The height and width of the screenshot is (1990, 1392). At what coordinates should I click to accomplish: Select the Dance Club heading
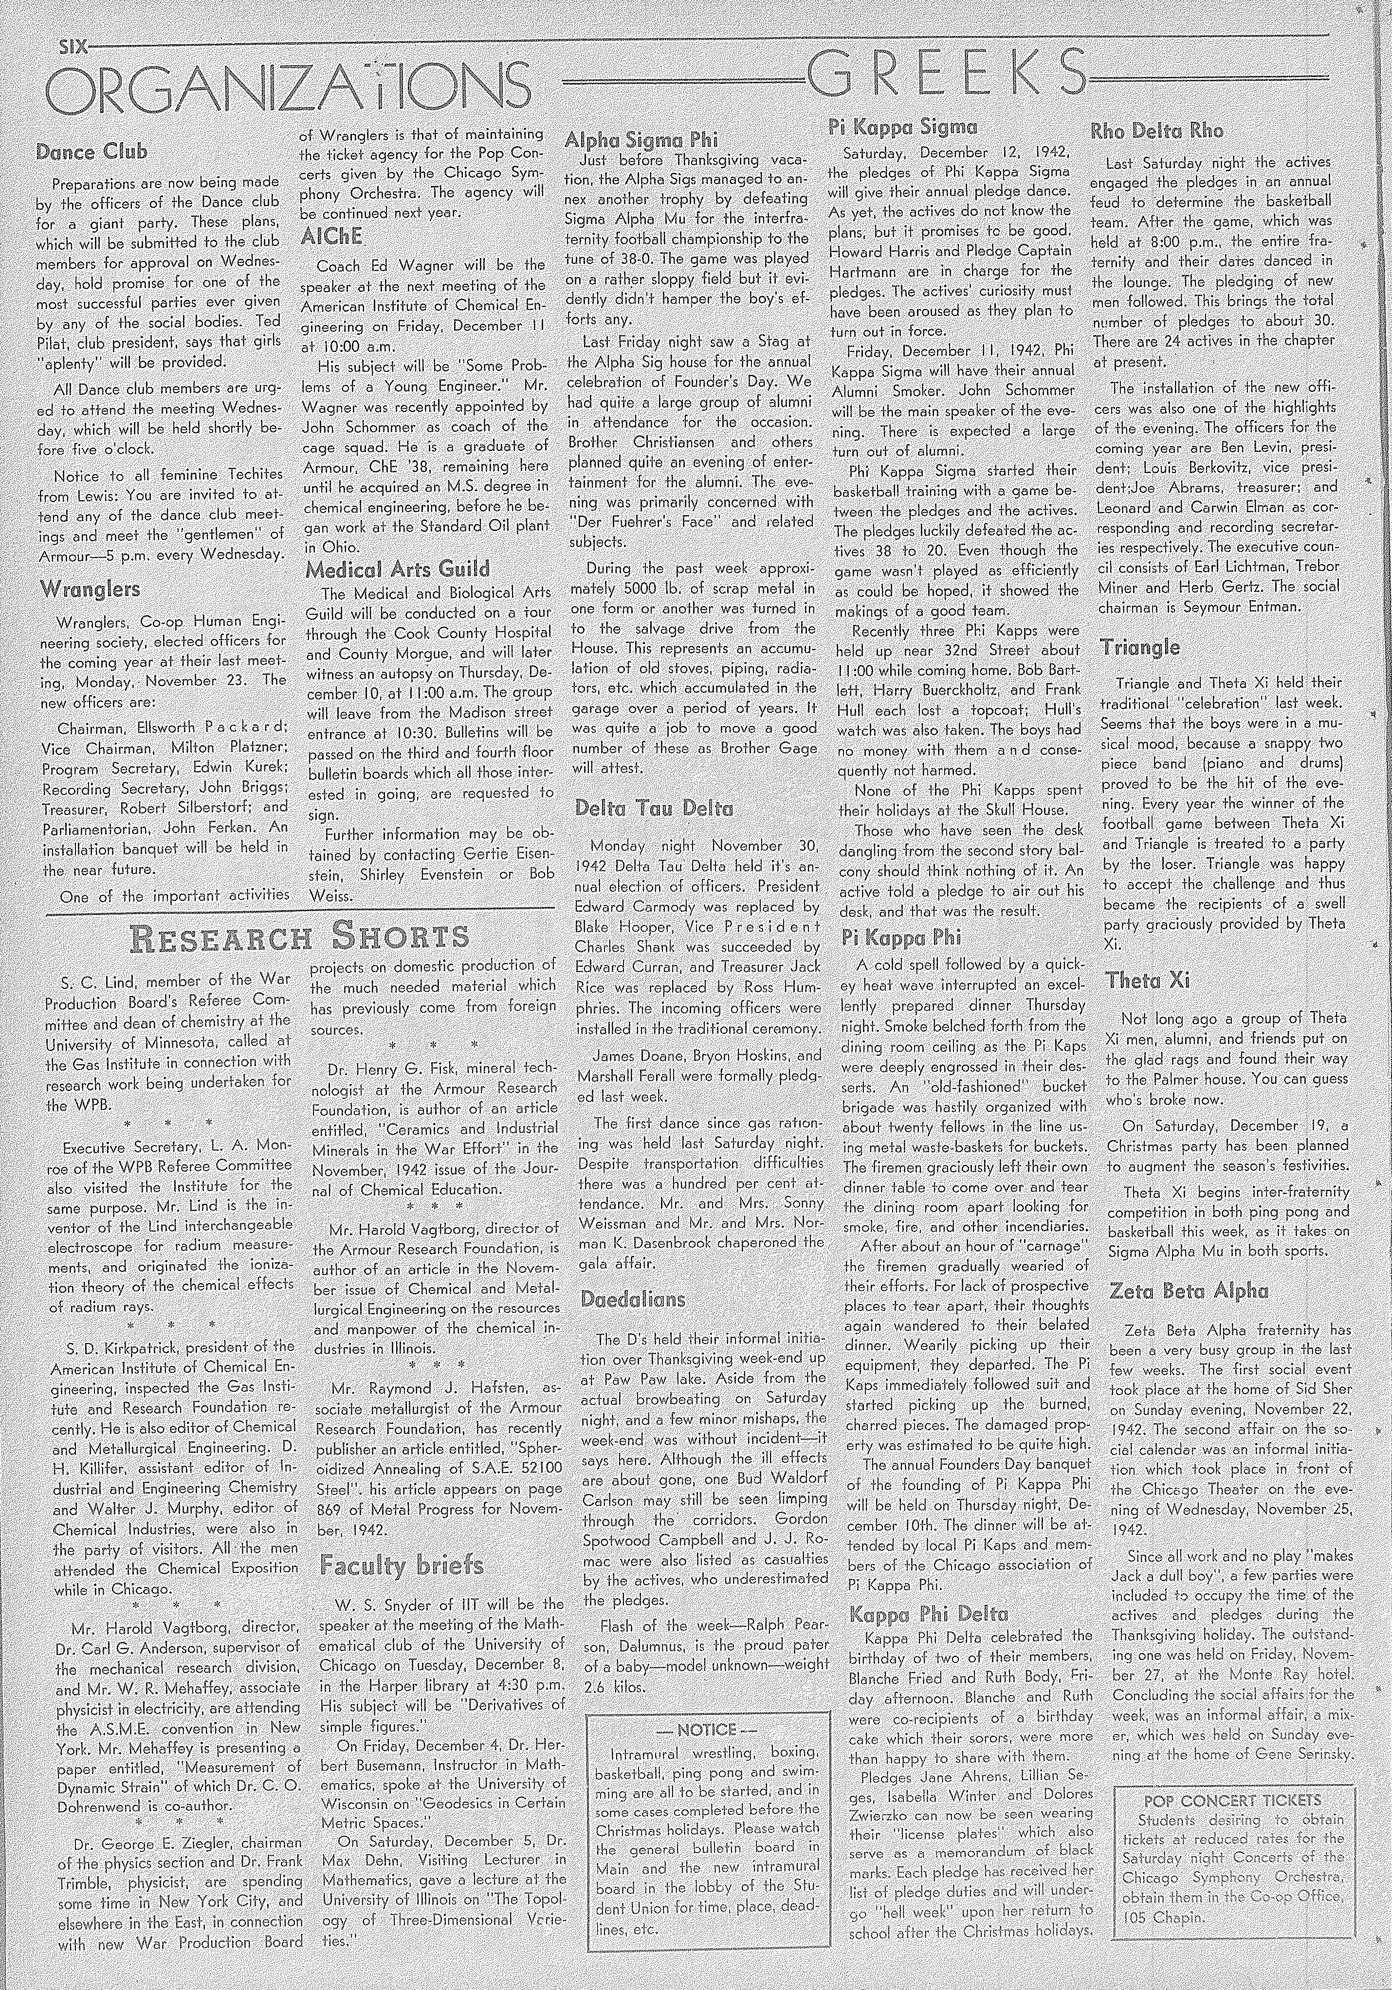tap(91, 152)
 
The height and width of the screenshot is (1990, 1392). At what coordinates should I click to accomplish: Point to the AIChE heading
tap(331, 238)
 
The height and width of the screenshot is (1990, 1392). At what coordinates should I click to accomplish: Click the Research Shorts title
tap(299, 937)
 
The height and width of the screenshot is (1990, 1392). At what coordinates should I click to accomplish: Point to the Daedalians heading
tap(633, 1299)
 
